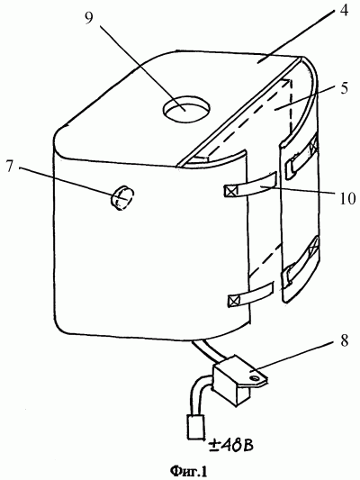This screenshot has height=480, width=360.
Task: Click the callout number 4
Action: tap(344, 12)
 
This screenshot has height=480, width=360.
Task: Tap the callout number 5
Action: tap(344, 88)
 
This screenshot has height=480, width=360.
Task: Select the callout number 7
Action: tap(11, 166)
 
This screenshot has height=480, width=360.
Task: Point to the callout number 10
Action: tap(346, 198)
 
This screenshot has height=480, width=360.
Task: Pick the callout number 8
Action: tap(345, 340)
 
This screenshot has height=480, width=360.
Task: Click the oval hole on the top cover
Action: tap(186, 110)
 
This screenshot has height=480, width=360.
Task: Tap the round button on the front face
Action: tap(122, 198)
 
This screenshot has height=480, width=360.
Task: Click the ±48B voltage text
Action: tap(230, 445)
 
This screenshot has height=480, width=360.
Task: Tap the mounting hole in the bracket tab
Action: tap(255, 379)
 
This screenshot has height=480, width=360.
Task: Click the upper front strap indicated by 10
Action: tap(251, 186)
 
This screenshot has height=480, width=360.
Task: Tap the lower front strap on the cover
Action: tap(251, 294)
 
